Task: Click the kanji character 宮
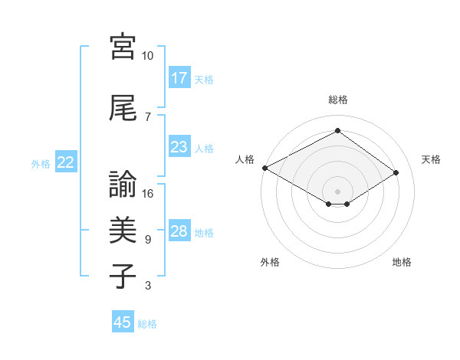(123, 47)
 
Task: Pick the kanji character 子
(123, 277)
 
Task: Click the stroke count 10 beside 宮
(148, 56)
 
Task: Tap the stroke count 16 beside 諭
(148, 194)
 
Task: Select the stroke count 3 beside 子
(148, 286)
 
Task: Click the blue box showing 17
(179, 78)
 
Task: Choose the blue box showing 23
(179, 147)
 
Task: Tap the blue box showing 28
(179, 232)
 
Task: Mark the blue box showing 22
(66, 162)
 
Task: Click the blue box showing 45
(123, 322)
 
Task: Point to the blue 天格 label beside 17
(204, 79)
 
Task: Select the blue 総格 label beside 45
(147, 324)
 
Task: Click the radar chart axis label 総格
(337, 100)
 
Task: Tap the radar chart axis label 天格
(431, 159)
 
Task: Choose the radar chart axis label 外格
(270, 262)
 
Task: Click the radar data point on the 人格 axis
(264, 168)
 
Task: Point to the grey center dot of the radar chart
(337, 190)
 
